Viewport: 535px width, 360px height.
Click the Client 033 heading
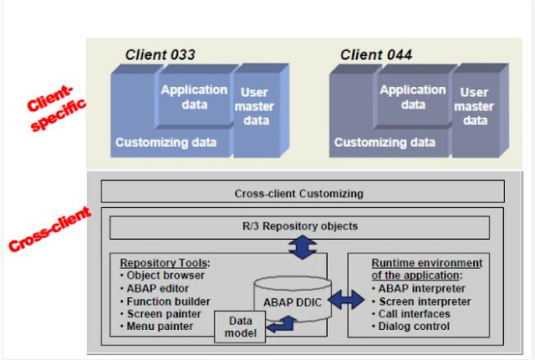tap(160, 55)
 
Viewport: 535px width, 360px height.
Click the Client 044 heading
tap(375, 55)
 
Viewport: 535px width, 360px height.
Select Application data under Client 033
tap(194, 96)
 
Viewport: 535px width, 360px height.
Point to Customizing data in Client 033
tap(166, 142)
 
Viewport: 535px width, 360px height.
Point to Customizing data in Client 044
tap(384, 142)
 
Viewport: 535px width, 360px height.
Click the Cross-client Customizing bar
tap(298, 193)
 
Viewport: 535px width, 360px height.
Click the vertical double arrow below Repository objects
tap(298, 246)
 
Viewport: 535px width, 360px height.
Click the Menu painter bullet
tap(159, 326)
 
